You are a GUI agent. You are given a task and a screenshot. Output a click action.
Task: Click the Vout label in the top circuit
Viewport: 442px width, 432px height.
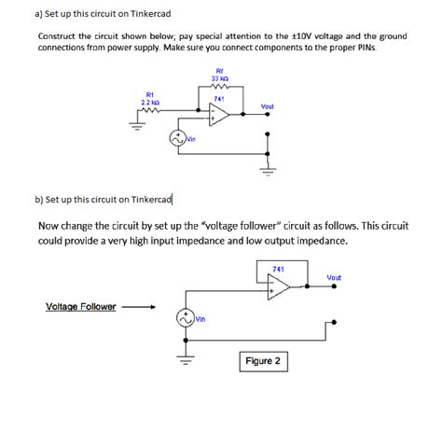pos(268,106)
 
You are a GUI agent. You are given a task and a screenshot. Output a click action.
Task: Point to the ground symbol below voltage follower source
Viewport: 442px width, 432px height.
pos(185,362)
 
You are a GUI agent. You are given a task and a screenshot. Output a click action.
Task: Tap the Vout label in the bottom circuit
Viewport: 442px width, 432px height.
pos(334,277)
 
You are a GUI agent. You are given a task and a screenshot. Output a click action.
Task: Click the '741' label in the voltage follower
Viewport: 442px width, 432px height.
pos(278,270)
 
